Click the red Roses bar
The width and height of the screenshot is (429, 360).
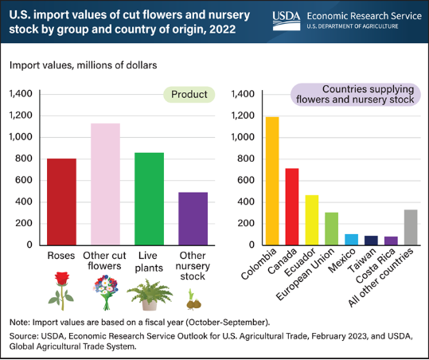click(61, 202)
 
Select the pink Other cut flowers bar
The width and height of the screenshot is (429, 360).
click(105, 184)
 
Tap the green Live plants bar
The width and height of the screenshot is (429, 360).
click(149, 199)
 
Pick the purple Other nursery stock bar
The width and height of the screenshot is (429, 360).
click(193, 219)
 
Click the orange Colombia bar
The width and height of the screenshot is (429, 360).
click(272, 181)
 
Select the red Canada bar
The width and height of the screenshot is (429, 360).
click(292, 207)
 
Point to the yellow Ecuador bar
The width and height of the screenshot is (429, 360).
click(312, 220)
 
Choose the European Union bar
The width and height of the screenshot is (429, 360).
click(332, 229)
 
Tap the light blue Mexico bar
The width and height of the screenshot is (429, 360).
click(351, 240)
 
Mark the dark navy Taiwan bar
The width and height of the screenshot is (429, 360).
click(371, 241)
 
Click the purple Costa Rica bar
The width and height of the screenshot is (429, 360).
click(391, 241)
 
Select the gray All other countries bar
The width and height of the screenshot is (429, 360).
click(411, 227)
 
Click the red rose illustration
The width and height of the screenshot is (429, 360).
click(61, 291)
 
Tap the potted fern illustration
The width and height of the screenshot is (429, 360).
click(150, 295)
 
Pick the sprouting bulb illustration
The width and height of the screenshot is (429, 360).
click(193, 299)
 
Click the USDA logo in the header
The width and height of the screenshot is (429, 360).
click(287, 21)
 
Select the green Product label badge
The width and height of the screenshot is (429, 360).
click(189, 95)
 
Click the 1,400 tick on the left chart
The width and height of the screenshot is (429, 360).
click(21, 94)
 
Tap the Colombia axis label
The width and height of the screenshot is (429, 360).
click(259, 264)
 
